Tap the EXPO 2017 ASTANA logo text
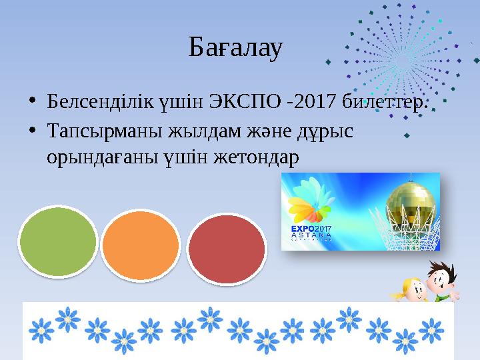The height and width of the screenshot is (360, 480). coord(312,233)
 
